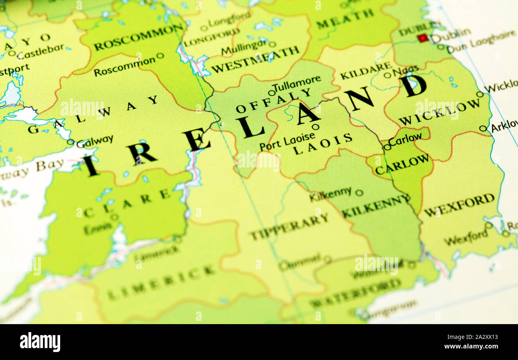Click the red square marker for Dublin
coord(423,38)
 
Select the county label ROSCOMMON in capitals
coord(139,37)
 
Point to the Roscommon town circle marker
coord(160,55)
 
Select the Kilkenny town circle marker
coord(359,193)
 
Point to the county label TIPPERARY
coord(289,226)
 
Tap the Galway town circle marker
coord(71,142)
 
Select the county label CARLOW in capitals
coord(402,164)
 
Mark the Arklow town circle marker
coord(483,128)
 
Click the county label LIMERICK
coord(161,282)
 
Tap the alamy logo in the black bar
coord(40,342)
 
